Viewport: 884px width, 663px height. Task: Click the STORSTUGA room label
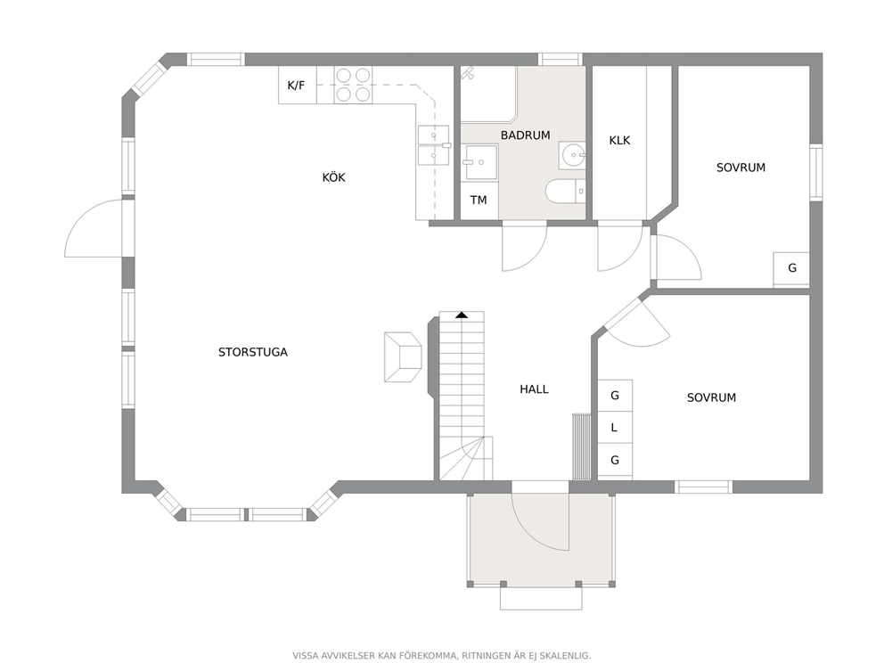(x=252, y=352)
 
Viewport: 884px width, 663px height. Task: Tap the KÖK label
(x=334, y=177)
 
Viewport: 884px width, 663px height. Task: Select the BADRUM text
(x=525, y=135)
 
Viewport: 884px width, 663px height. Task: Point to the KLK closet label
(x=619, y=141)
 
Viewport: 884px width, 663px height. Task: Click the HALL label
(x=534, y=389)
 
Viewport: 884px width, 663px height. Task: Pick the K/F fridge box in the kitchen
(x=298, y=86)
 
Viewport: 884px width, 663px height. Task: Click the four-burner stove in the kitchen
(x=354, y=86)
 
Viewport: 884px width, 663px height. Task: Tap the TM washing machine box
(x=479, y=201)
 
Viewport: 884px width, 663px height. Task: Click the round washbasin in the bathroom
(x=572, y=155)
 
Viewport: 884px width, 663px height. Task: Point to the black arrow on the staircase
(x=462, y=315)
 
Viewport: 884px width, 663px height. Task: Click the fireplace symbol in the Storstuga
(x=403, y=356)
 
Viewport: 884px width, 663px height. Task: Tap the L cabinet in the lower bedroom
(x=615, y=428)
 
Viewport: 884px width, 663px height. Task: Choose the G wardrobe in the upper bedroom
(x=791, y=269)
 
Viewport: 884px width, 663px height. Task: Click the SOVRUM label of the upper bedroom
(x=741, y=168)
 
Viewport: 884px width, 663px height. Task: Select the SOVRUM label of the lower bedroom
(x=711, y=397)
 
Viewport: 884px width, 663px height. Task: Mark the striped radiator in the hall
(x=581, y=446)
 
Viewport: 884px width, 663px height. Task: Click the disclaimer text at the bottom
(x=441, y=656)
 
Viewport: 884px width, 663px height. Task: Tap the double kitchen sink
(x=434, y=145)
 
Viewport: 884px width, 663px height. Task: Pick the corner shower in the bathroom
(x=489, y=94)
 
